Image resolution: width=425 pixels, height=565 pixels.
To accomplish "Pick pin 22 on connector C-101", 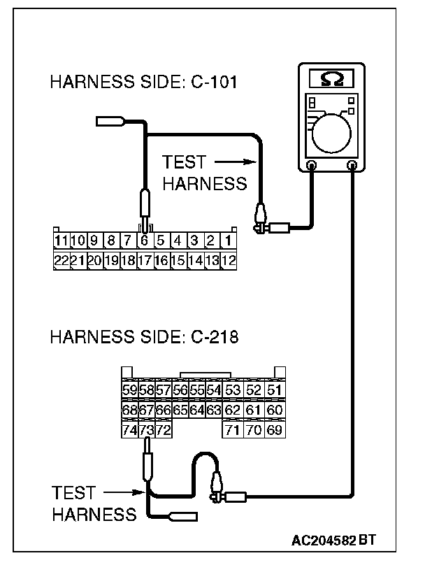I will [x=61, y=259].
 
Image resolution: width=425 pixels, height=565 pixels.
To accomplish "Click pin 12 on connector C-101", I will [x=228, y=259].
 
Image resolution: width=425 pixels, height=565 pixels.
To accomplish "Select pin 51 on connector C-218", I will [x=275, y=390].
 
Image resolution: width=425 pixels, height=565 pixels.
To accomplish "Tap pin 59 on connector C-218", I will [x=129, y=390].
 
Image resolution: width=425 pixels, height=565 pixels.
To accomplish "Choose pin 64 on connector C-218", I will [x=196, y=409].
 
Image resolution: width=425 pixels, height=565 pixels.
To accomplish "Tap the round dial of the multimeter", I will [x=333, y=131].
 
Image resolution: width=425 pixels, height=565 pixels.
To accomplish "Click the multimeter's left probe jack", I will [x=312, y=166].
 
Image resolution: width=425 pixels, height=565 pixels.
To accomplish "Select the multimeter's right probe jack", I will [x=352, y=166].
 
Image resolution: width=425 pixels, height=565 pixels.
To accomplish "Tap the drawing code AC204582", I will [x=323, y=541].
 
